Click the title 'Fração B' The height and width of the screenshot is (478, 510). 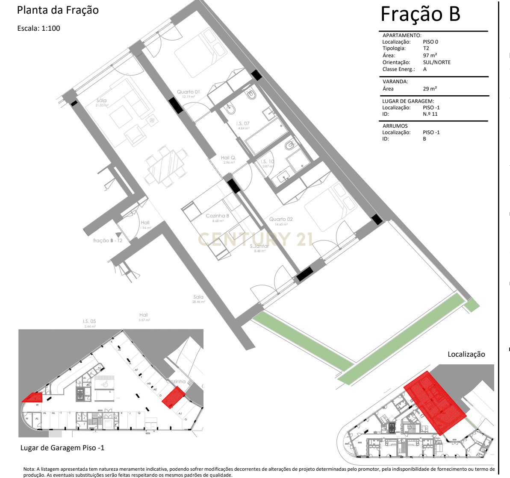click(x=420, y=14)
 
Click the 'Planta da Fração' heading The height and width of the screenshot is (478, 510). click(x=58, y=10)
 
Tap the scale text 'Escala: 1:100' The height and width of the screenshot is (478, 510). click(x=39, y=29)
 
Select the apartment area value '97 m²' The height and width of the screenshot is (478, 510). click(x=430, y=56)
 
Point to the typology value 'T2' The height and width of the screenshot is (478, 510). click(x=426, y=49)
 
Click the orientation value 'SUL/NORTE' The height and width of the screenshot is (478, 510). click(x=436, y=62)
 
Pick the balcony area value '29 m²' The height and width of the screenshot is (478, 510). click(x=430, y=89)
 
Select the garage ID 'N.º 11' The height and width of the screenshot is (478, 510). click(x=430, y=114)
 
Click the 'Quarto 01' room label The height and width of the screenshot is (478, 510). click(x=188, y=92)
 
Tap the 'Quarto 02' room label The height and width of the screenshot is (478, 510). click(x=281, y=219)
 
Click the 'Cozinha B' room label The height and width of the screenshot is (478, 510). click(x=217, y=216)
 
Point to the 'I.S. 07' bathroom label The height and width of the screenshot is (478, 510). click(x=243, y=123)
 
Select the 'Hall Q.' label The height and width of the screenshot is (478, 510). click(x=228, y=158)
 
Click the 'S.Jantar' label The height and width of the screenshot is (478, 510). click(x=259, y=246)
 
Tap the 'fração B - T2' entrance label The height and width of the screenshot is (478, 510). click(x=108, y=240)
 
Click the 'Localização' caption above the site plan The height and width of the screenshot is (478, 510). click(x=466, y=354)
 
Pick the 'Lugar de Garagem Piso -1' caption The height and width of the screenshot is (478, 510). click(x=62, y=448)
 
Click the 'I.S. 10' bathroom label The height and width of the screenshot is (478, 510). click(x=268, y=161)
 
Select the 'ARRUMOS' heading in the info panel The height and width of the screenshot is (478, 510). click(x=395, y=126)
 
